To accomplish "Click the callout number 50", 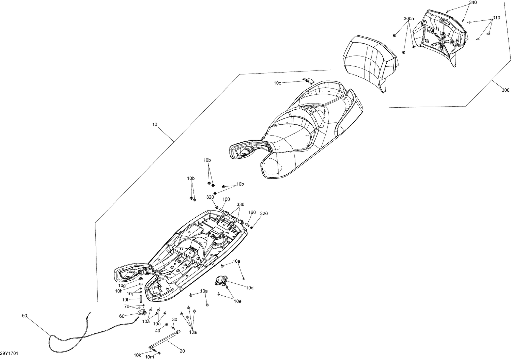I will (24, 316).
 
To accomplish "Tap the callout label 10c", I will (277, 83).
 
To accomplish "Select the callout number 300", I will (506, 90).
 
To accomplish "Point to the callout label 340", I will (473, 3).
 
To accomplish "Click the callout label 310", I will (496, 18).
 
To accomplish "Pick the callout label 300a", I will (409, 19).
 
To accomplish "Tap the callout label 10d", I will (250, 288).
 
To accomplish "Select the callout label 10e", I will (237, 301).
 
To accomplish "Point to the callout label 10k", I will (137, 355).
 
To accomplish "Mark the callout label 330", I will (241, 204).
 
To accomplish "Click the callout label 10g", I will (122, 285).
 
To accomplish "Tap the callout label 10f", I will (126, 300).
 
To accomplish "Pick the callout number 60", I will (122, 316).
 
